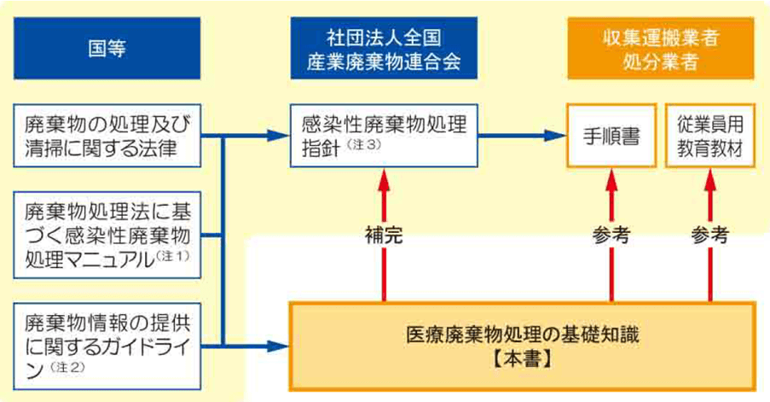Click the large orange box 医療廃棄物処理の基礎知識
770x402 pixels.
tap(522, 345)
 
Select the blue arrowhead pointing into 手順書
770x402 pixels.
tap(556, 135)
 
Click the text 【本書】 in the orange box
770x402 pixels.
tap(522, 358)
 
